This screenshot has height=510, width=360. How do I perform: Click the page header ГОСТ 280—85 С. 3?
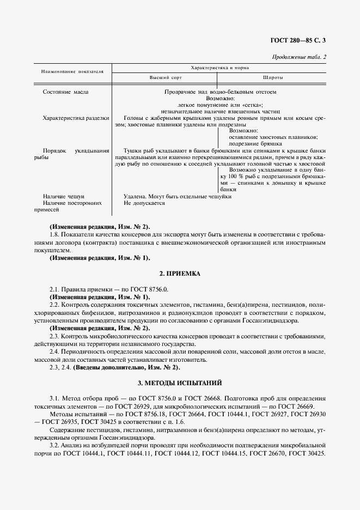pos(301,40)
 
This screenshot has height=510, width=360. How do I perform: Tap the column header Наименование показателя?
pos(72,72)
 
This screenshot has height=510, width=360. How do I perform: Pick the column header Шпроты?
pos(272,78)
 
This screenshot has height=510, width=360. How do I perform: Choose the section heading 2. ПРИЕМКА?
pos(180,273)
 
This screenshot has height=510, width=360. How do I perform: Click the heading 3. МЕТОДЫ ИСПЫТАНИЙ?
pos(180,384)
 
